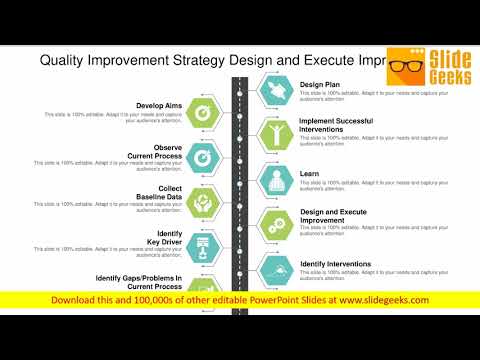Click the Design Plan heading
(320, 85)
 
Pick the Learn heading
(309, 173)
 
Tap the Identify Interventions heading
(336, 263)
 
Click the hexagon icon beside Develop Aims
(201, 113)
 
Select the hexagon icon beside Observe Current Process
(201, 157)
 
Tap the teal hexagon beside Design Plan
(277, 91)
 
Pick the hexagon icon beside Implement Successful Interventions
(277, 135)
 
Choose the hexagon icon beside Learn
(277, 179)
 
